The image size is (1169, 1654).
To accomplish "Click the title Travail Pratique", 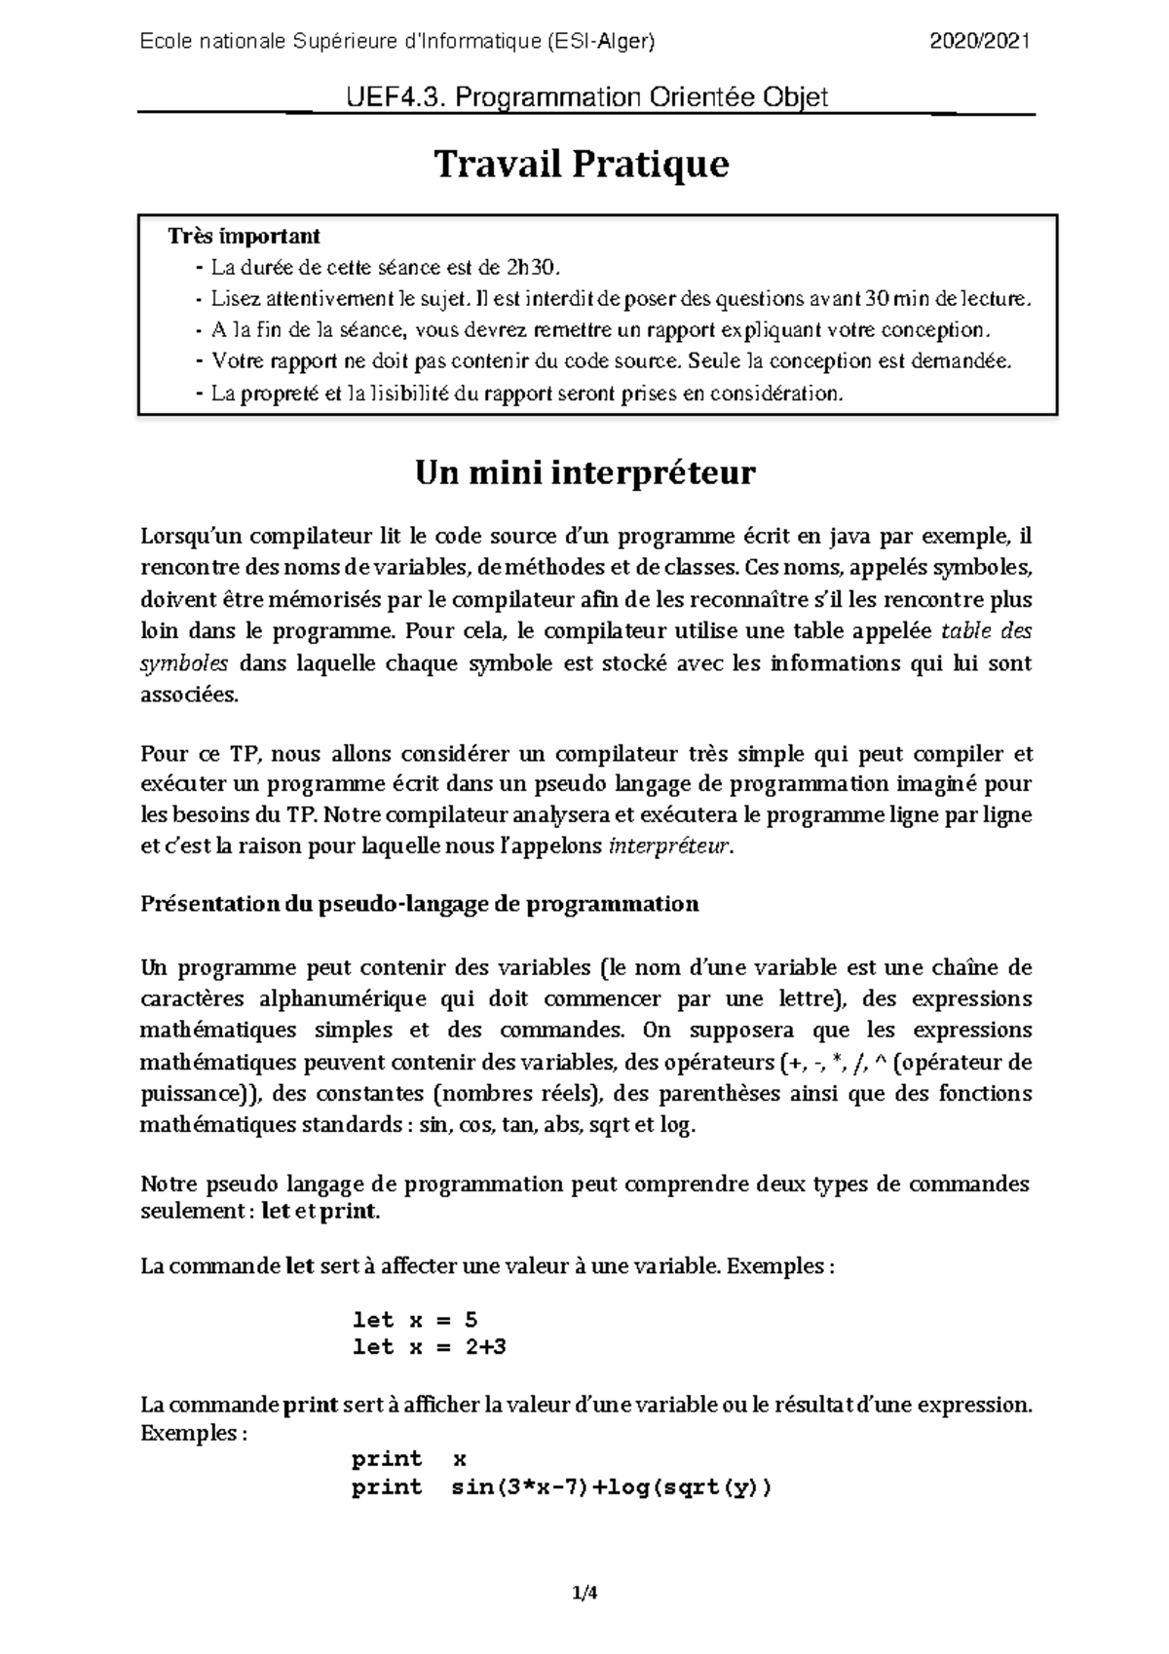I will coord(582,165).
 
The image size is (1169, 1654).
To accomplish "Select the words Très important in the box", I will coord(243,236).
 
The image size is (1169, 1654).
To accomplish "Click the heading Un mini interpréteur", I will coord(584,473).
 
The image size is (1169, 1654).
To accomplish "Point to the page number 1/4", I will coord(584,1594).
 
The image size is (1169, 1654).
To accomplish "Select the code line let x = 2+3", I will coord(429,1348).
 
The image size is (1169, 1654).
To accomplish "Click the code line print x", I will coord(409,1459).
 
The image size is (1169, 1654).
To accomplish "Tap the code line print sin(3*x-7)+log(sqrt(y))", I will coord(561,1487).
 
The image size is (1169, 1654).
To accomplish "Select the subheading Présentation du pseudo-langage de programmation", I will coord(420,904).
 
